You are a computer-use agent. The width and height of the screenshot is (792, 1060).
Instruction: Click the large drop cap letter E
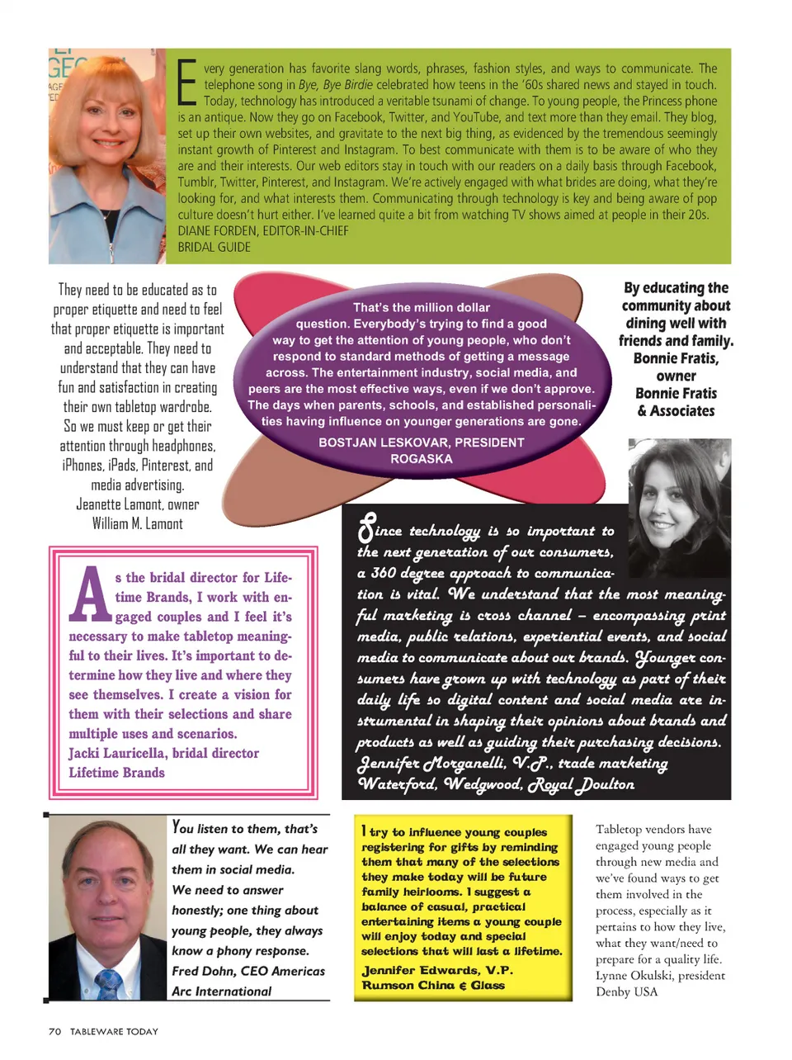coord(188,83)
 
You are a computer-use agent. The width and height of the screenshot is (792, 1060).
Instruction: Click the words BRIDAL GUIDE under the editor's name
coord(214,247)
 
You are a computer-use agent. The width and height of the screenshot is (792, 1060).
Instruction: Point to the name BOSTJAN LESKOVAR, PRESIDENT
coord(421,442)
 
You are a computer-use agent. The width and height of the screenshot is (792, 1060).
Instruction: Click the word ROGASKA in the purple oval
coord(421,459)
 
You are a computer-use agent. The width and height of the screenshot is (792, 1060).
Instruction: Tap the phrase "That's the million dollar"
coord(421,307)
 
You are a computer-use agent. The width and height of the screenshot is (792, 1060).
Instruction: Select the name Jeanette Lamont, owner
coord(138,504)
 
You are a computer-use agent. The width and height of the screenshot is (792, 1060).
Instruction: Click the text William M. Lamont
coord(138,524)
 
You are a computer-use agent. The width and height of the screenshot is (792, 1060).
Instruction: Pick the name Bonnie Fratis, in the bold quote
coord(676,358)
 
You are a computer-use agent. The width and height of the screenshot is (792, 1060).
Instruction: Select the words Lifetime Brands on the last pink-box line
coord(116,773)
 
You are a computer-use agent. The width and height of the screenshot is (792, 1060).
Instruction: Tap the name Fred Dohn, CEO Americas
coord(247,971)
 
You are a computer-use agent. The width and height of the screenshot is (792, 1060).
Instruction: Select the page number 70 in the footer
coord(54,1031)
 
